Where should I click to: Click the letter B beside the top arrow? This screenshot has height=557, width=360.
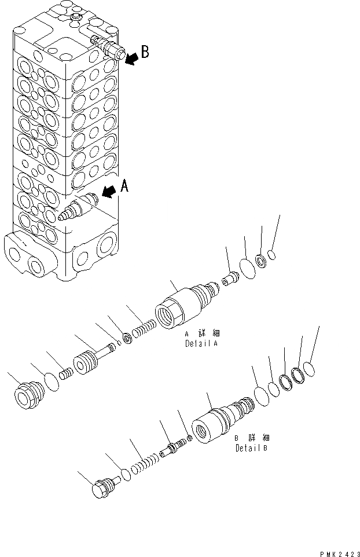point(145,52)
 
